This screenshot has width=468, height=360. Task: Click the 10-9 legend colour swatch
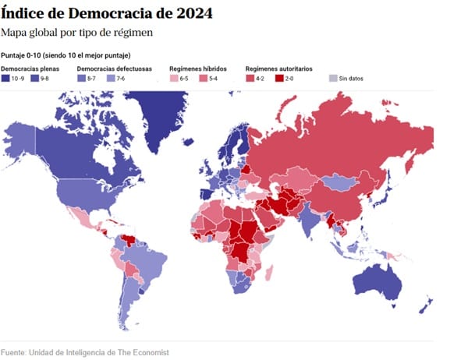click(x=5, y=79)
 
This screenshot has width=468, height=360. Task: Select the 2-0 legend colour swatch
click(x=279, y=79)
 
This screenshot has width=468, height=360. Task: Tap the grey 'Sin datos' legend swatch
click(x=333, y=79)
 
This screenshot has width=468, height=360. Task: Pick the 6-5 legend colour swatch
click(x=174, y=79)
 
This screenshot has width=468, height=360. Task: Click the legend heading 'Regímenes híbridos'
click(x=198, y=69)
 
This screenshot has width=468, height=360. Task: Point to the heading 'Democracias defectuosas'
click(x=115, y=69)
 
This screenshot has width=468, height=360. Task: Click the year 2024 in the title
click(x=194, y=13)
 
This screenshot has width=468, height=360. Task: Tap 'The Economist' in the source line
click(x=144, y=352)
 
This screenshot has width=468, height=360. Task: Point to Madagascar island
click(x=269, y=274)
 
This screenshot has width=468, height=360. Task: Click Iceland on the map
click(x=188, y=142)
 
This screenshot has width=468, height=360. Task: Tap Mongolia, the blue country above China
click(x=339, y=182)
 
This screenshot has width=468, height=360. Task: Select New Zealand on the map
click(x=426, y=305)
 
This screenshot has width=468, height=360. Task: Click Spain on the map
click(x=207, y=194)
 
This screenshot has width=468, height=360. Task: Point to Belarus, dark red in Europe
click(x=246, y=169)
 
